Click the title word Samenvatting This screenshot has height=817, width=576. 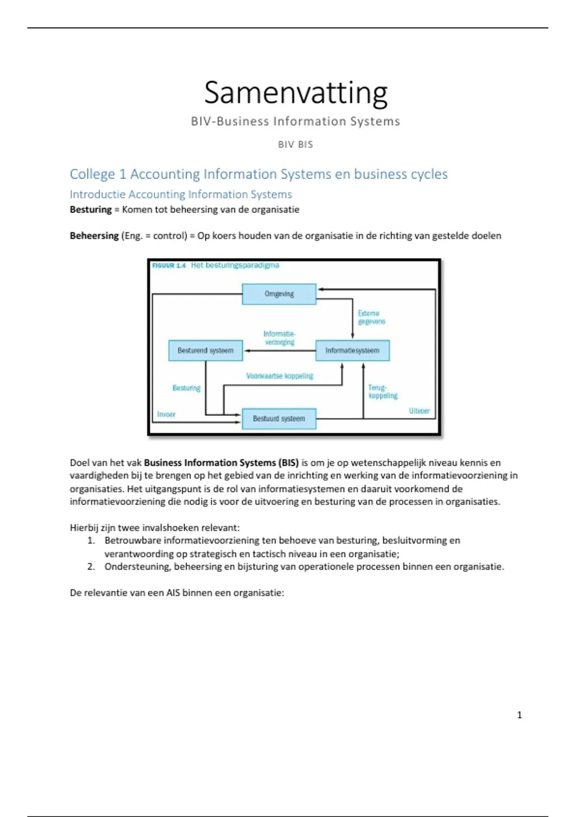point(296,93)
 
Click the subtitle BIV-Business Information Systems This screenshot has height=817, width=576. point(295,121)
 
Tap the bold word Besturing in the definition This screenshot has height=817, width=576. point(91,210)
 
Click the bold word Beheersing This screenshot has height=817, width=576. point(94,235)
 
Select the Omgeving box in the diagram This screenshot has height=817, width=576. point(279,294)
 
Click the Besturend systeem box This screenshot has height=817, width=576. point(205,350)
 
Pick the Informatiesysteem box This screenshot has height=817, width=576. point(352,350)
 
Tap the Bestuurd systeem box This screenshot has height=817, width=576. point(279,419)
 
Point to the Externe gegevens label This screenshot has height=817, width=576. point(371,317)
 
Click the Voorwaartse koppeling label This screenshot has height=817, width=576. point(279,376)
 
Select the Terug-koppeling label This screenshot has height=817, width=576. point(383,391)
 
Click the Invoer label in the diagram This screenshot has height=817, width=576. point(166,414)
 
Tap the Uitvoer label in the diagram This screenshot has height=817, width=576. point(419,411)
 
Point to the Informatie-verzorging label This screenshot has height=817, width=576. point(279,338)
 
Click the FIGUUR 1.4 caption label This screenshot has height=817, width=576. point(168,266)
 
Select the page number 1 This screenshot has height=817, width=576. point(519,715)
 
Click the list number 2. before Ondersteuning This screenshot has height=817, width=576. point(91,567)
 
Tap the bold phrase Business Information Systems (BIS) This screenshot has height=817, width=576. point(221,463)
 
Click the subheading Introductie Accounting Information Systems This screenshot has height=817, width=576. point(180,194)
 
